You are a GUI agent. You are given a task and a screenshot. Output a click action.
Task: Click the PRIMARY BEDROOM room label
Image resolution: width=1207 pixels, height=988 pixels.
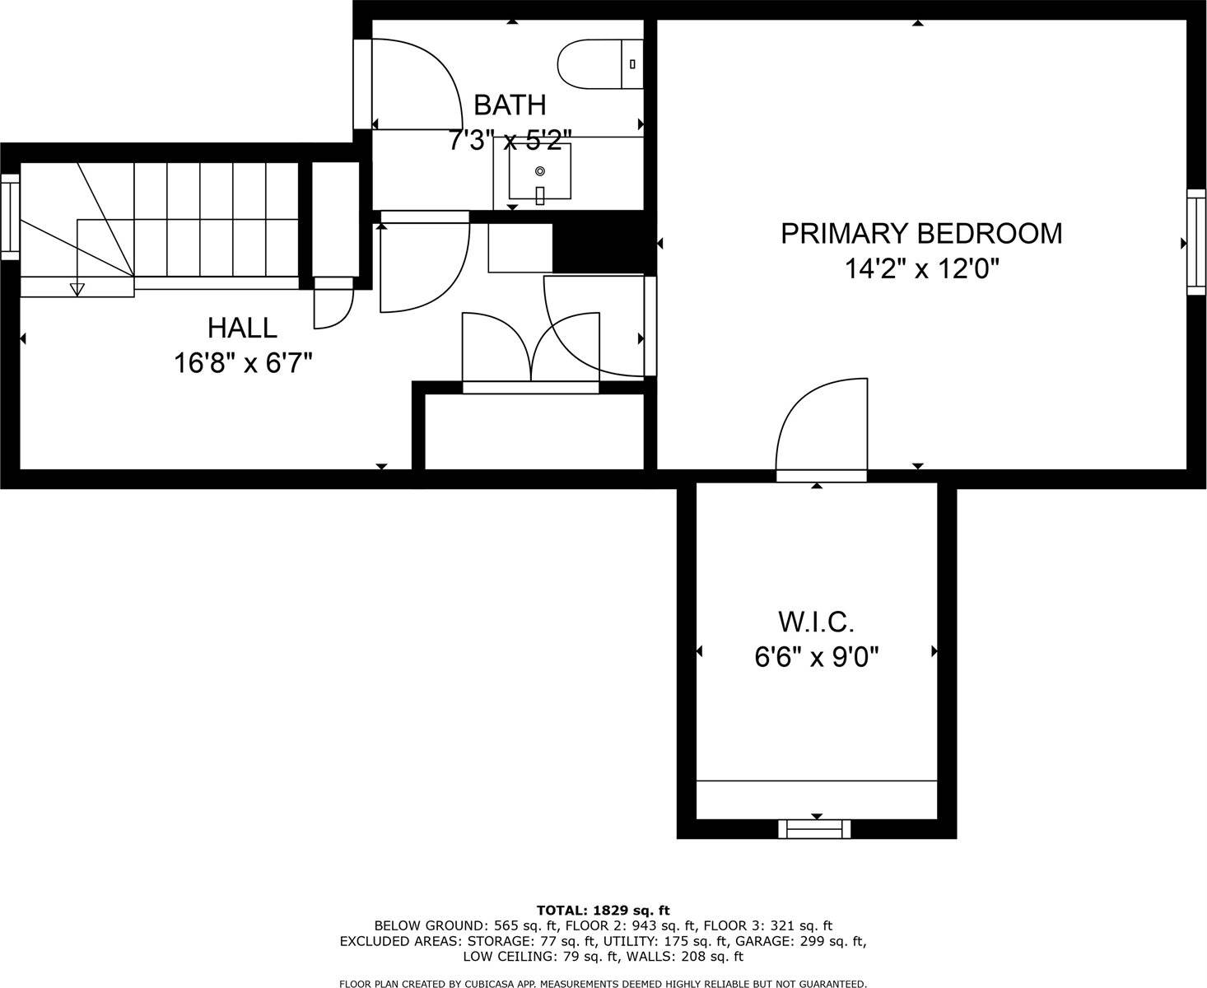[920, 233]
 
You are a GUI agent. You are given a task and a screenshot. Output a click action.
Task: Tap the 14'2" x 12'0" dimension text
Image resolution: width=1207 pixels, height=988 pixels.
[920, 269]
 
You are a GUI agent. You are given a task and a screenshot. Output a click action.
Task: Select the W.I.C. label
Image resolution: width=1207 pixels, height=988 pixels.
[816, 621]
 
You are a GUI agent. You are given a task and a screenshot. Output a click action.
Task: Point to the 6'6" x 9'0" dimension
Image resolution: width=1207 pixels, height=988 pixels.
[816, 657]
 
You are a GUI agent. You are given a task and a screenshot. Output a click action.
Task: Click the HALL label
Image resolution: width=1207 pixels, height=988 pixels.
[242, 328]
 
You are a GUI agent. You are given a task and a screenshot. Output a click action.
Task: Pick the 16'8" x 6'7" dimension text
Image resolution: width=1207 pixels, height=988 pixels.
[242, 363]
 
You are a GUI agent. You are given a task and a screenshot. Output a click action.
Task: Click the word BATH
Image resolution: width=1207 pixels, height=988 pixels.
[510, 105]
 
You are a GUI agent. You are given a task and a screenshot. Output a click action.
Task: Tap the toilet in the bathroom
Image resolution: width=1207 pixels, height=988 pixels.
[599, 63]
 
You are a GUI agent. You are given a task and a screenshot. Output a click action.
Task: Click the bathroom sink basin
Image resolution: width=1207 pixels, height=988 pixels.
[540, 173]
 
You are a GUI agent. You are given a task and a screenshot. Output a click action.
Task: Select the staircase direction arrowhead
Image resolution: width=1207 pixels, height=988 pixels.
[77, 289]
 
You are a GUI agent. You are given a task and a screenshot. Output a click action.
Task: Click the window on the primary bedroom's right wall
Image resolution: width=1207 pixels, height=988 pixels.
[1195, 242]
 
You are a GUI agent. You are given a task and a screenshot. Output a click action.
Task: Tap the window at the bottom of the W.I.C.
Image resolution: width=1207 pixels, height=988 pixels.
[814, 829]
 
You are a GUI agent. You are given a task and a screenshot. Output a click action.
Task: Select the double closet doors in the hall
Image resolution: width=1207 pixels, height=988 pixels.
[531, 348]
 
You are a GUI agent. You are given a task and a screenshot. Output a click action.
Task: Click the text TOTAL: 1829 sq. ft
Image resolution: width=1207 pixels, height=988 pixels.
[603, 910]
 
